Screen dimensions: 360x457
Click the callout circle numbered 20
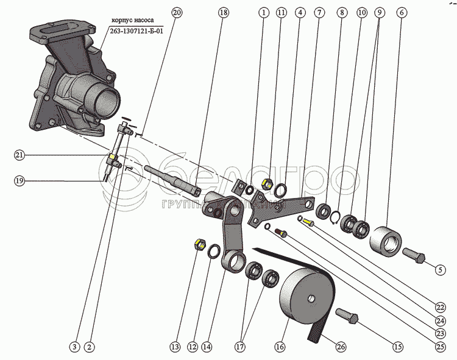pos(177,12)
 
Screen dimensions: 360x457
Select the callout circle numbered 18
pos(224,12)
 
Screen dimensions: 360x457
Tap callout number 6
pos(401,12)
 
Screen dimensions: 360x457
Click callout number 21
pos(19,155)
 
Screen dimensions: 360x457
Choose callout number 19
pos(19,180)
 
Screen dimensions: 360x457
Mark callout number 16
pos(280,347)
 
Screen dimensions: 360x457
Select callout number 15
pos(397,347)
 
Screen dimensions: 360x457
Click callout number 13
pos(175,347)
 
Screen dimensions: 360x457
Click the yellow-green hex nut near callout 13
pos(198,245)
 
